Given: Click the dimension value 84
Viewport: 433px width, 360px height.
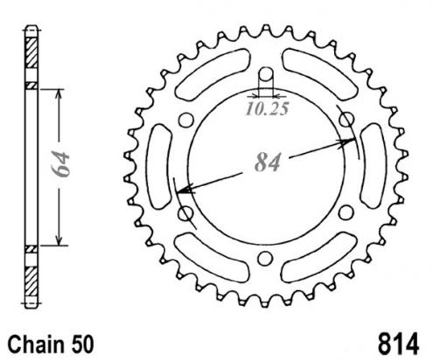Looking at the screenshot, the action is [268, 162].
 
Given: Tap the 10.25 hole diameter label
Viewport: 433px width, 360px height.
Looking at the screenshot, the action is [267, 109].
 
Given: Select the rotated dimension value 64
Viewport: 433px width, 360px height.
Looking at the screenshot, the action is [60, 164].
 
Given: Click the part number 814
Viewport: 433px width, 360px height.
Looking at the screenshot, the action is [398, 344].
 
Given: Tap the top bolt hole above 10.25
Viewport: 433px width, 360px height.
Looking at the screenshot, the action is [265, 74].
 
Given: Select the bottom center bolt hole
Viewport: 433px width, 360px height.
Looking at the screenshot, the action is [265, 259].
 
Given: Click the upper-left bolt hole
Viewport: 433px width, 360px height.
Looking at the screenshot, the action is [185, 120].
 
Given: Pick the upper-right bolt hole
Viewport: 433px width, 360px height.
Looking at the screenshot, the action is [347, 120].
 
